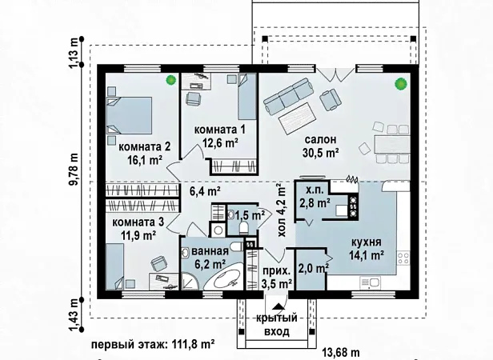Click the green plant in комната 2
(170, 80)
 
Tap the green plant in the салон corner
(401, 84)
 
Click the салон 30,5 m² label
(321, 146)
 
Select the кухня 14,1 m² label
(367, 248)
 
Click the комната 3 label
(138, 222)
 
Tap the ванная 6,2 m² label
(210, 258)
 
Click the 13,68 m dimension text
(342, 353)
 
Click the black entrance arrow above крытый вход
(277, 306)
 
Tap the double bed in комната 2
(129, 116)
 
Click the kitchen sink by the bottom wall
(370, 282)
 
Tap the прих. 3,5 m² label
(276, 278)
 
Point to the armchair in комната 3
(159, 263)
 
